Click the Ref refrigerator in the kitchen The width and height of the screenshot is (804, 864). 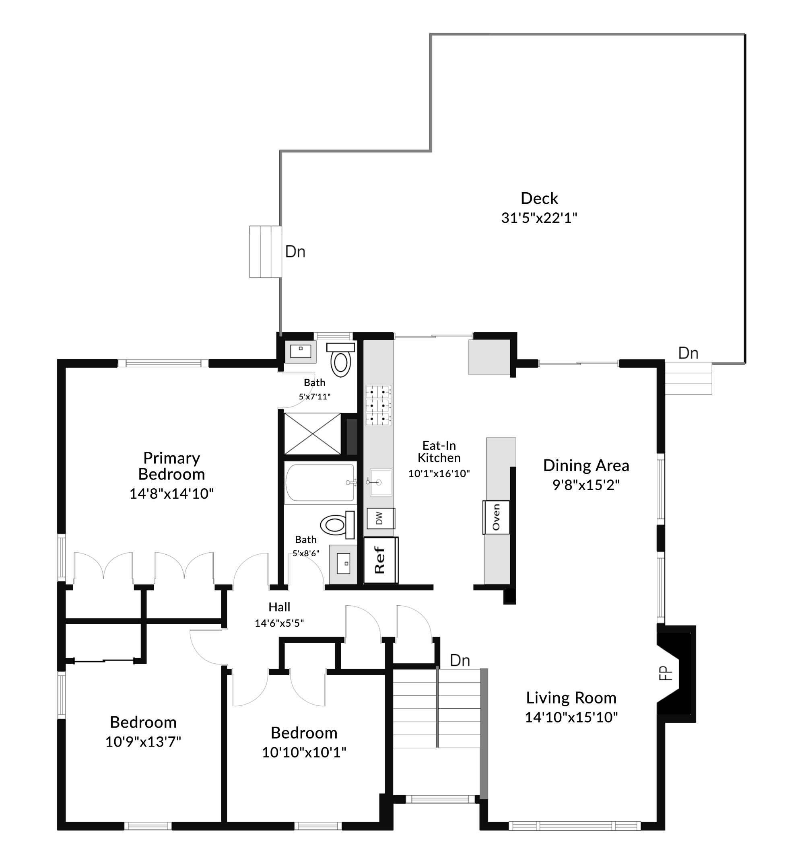coord(381,560)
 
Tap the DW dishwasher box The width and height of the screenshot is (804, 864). coord(381,518)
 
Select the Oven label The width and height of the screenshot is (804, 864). coord(496,517)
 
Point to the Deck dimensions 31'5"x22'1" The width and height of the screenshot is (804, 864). coord(539,218)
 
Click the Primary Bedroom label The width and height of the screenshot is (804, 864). coord(171,466)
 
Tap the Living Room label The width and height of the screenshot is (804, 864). coord(571,697)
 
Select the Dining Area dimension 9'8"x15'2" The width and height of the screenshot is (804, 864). coord(586,485)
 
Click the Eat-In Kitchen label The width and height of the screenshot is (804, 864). coord(439,452)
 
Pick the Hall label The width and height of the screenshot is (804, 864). coord(279,607)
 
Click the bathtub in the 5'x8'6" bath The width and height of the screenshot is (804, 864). coord(320,482)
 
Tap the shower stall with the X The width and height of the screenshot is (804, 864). coord(312,434)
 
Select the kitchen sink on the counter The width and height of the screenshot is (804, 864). coord(381,482)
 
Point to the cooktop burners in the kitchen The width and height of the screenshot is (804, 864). coord(378,405)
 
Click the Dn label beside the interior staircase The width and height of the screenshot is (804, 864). coord(460,660)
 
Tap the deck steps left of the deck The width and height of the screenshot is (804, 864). coord(265,252)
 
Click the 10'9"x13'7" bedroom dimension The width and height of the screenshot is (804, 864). coord(143,741)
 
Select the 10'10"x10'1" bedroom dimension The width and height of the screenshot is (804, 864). coord(304,752)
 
